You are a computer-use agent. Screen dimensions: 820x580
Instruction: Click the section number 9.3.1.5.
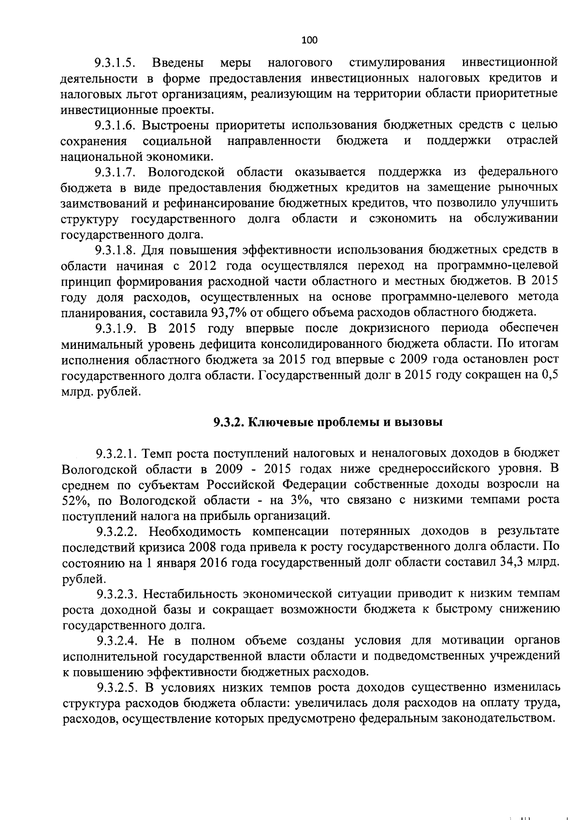pos(115,63)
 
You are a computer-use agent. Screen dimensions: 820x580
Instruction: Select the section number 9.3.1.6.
pos(115,126)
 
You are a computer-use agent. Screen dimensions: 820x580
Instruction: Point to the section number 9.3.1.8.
pos(115,250)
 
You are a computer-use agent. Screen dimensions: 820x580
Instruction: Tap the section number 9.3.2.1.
pos(116,453)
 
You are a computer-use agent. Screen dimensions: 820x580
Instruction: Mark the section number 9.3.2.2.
pos(116,532)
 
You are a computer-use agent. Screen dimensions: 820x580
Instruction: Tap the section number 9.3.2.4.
pos(116,641)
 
